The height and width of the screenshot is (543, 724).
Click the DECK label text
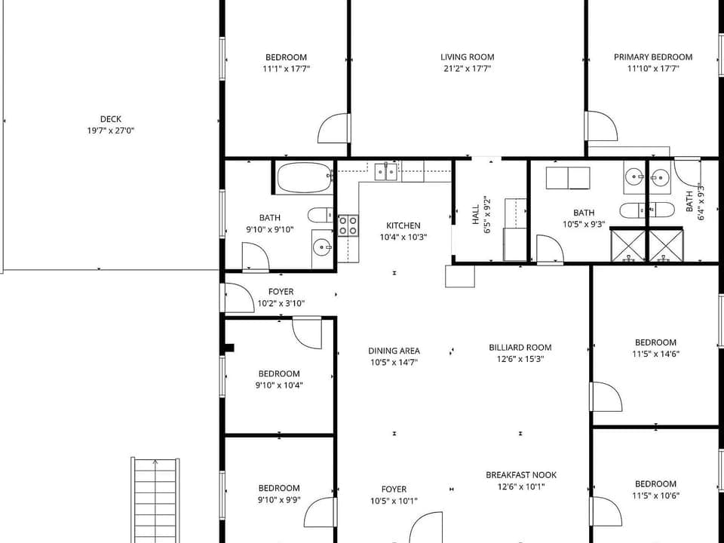coord(110,119)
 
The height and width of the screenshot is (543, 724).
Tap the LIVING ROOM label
coord(467,57)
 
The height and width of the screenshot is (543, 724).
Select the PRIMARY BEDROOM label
coord(652,57)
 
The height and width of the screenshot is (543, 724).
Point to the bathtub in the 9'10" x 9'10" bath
coord(304,179)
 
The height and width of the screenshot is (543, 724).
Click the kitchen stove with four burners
coord(348,225)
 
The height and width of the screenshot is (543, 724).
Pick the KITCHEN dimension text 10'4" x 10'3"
coord(403,237)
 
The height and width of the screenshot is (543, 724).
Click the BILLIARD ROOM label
coord(520,348)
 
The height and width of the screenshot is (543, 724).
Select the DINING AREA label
coord(394,351)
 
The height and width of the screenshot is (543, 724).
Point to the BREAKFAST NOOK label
coord(521,475)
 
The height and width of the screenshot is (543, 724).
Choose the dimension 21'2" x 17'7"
coord(467,69)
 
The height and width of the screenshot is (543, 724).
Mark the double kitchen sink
coord(387,172)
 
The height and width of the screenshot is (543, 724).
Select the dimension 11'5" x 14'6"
coord(655,354)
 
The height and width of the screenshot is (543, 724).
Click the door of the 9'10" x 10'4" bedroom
coord(307,333)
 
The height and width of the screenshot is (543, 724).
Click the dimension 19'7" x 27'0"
coord(110,130)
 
